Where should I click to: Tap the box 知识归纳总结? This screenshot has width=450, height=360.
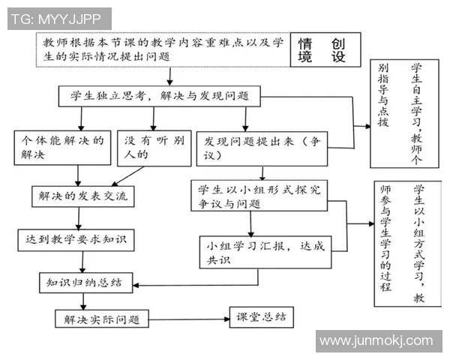(x=85, y=283)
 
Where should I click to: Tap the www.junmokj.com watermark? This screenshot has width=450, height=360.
(x=375, y=342)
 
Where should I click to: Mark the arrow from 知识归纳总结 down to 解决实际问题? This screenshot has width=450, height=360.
(x=84, y=300)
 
